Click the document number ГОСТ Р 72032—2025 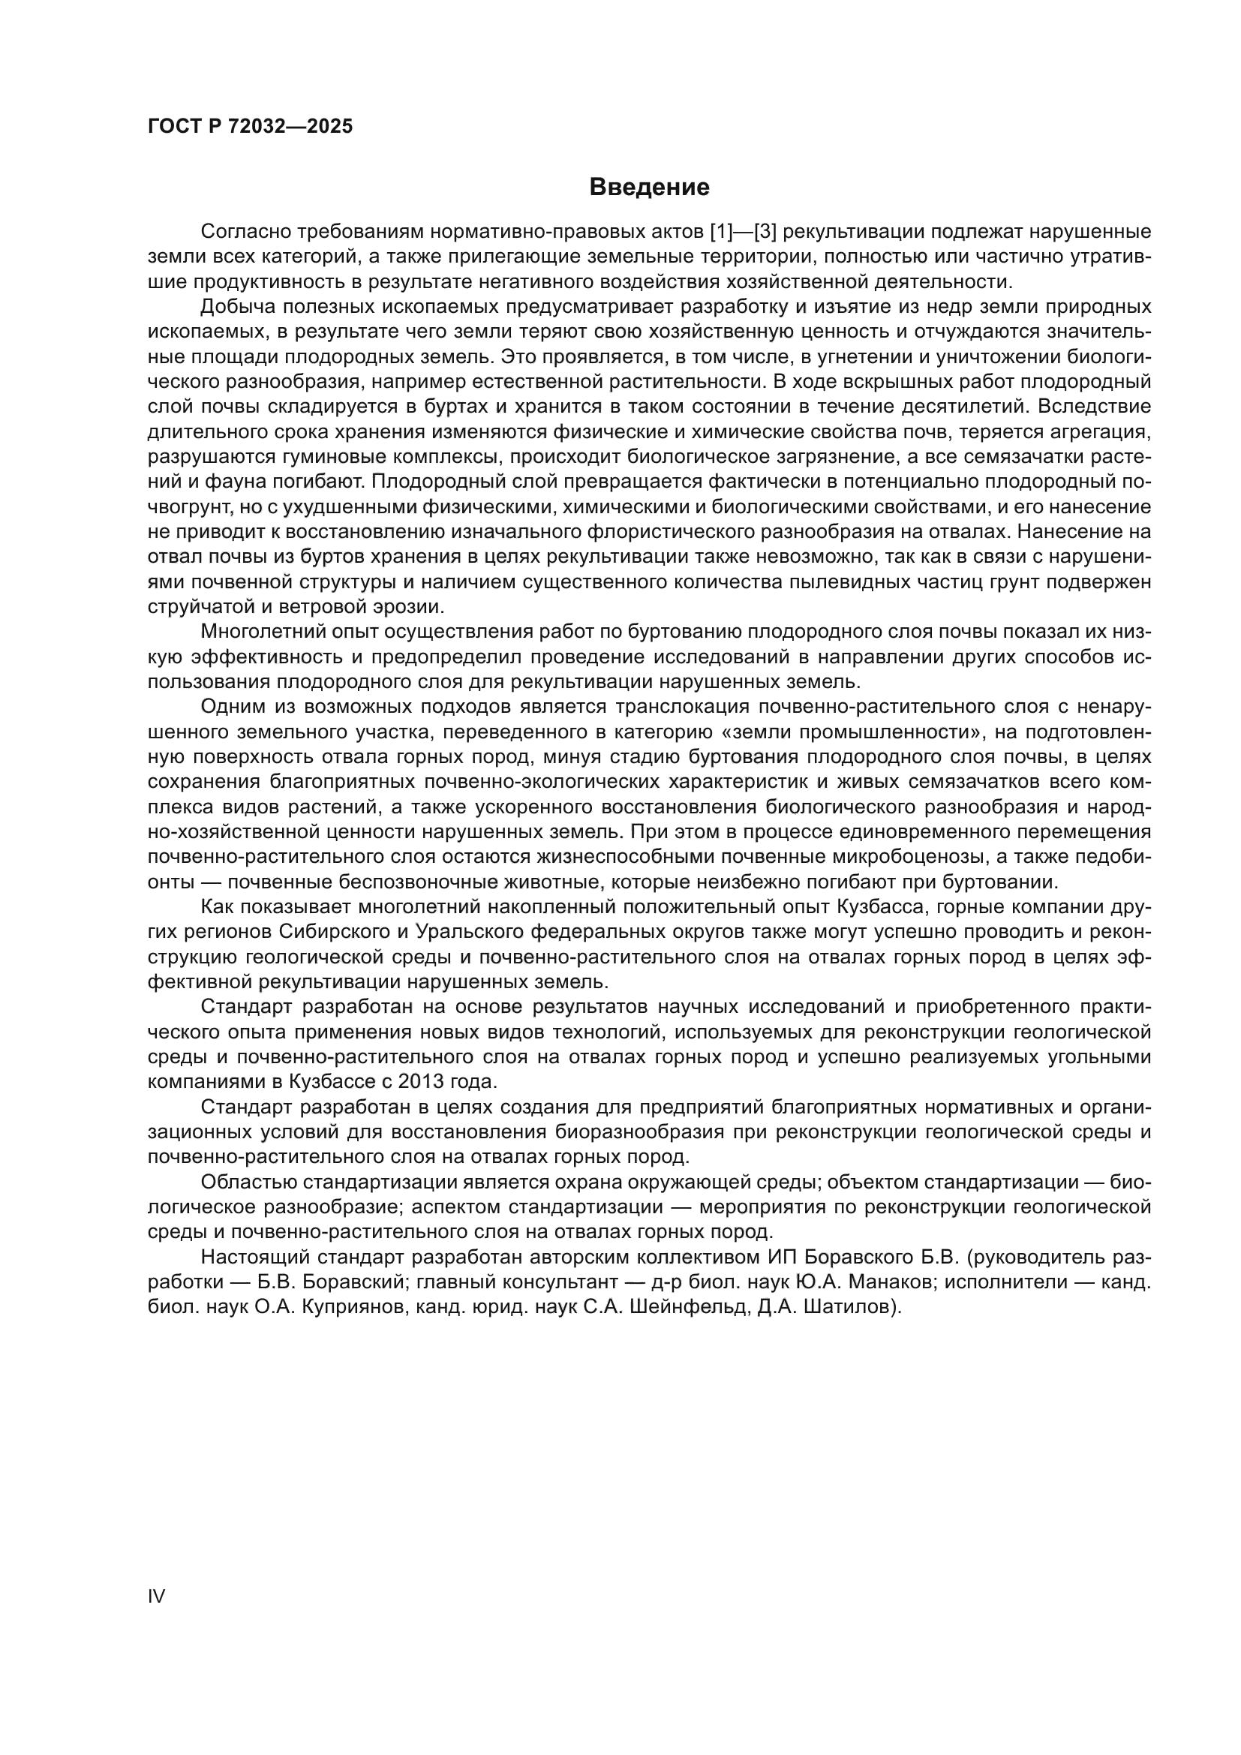250,127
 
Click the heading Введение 650,187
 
